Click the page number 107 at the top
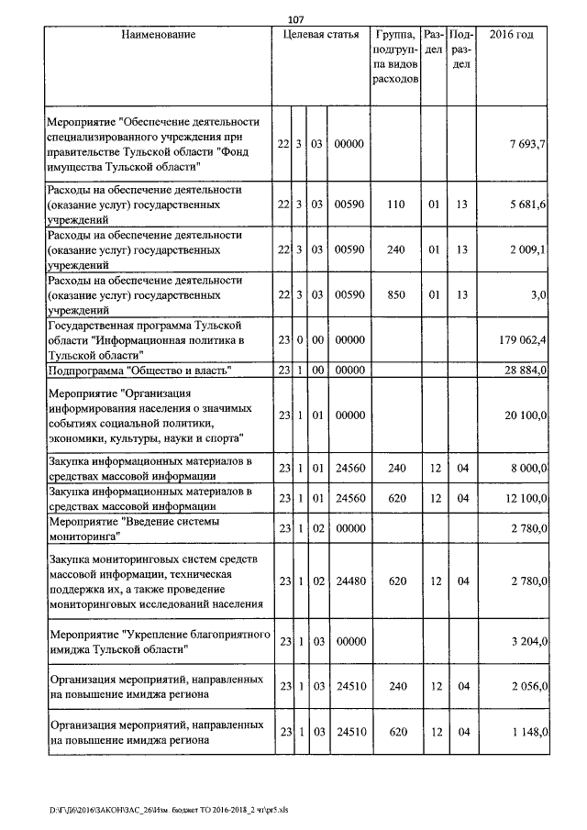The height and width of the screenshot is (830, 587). click(x=295, y=20)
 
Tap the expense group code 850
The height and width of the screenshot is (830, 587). click(x=395, y=293)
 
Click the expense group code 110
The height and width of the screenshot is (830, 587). click(x=395, y=204)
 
